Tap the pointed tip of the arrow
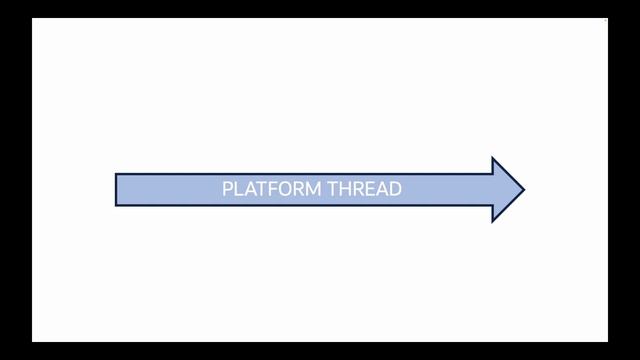pyautogui.click(x=523, y=189)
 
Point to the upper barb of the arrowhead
pyautogui.click(x=493, y=159)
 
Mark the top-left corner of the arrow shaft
pyautogui.click(x=116, y=175)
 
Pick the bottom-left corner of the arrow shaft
pyautogui.click(x=116, y=205)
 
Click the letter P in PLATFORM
pyautogui.click(x=227, y=188)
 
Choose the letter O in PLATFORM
pyautogui.click(x=280, y=188)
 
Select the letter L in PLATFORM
pyautogui.click(x=237, y=188)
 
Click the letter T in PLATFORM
pyautogui.click(x=257, y=188)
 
